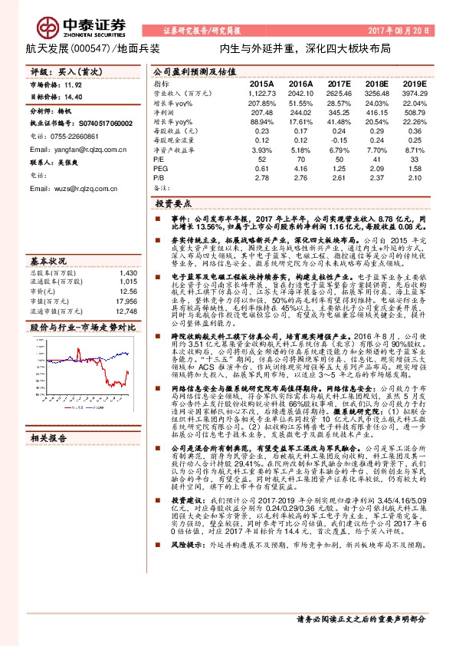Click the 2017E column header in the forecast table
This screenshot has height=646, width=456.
[x=339, y=83]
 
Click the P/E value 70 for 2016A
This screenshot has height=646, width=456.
[x=301, y=158]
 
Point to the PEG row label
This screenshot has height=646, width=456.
[x=160, y=168]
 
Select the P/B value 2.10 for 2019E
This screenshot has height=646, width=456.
[x=415, y=177]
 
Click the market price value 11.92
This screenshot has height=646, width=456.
[x=73, y=87]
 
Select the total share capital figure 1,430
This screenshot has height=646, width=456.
[x=129, y=272]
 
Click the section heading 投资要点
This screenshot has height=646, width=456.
[x=173, y=205]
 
